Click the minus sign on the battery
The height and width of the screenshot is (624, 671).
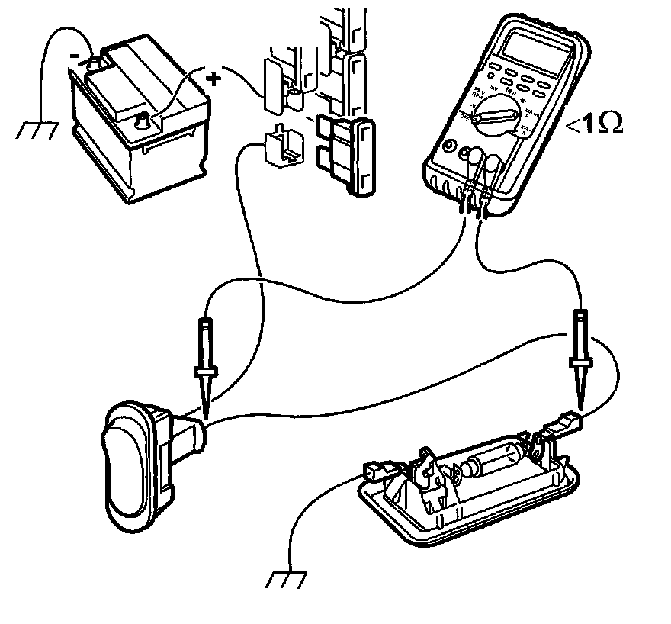[74, 55]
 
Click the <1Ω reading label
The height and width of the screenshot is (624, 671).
[595, 125]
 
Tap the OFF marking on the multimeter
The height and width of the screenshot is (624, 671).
[464, 115]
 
